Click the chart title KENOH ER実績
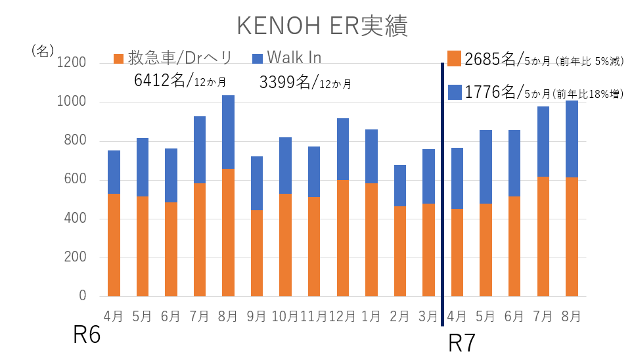click(x=322, y=26)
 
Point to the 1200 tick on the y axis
click(x=73, y=64)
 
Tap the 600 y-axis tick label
click(x=76, y=180)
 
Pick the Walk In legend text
click(x=295, y=58)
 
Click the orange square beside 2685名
click(x=454, y=58)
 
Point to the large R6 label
click(x=87, y=335)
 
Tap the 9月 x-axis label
click(x=256, y=316)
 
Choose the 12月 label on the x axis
click(x=342, y=316)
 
